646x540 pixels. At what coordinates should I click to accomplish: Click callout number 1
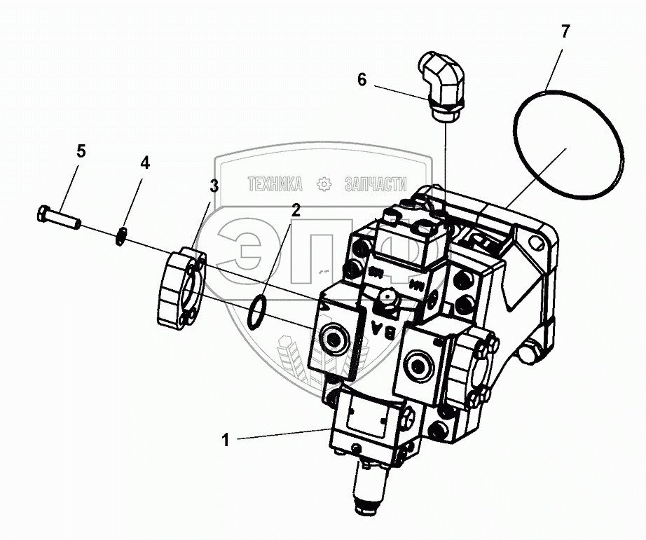click(226, 441)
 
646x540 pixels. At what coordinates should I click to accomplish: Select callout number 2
click(296, 209)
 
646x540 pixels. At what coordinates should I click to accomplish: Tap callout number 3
click(214, 186)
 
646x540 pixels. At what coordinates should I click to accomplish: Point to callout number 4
click(144, 163)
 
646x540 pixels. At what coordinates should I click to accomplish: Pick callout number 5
click(81, 151)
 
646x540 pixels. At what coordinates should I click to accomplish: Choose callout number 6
click(362, 80)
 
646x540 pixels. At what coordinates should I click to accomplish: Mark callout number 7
click(565, 31)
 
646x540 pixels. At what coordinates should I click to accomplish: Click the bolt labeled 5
click(59, 216)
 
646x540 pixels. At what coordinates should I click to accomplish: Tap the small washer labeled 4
click(122, 237)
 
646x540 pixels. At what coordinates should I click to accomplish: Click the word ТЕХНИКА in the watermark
click(275, 184)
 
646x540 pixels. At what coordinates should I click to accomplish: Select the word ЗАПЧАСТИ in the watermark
click(376, 184)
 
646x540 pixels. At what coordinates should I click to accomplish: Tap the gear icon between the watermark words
click(324, 184)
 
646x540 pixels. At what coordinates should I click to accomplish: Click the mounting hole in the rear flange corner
click(537, 246)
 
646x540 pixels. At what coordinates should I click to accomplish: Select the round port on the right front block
click(419, 366)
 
